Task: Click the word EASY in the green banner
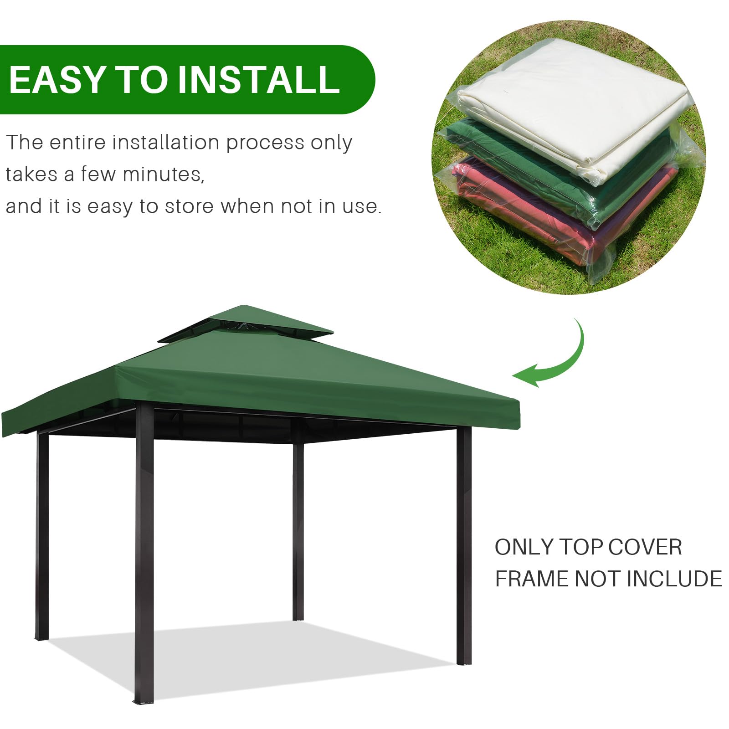point(57,80)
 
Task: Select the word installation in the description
point(167,143)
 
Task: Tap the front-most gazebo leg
point(144,547)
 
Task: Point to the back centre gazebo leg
point(298,524)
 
